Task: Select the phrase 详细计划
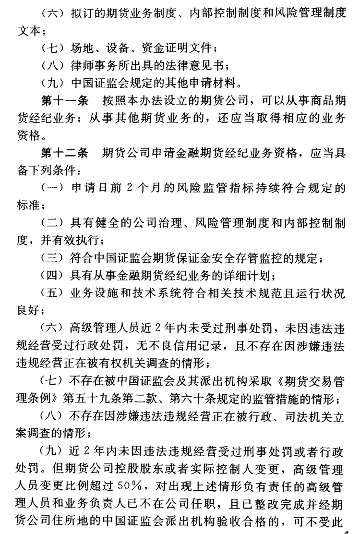pos(249,276)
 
